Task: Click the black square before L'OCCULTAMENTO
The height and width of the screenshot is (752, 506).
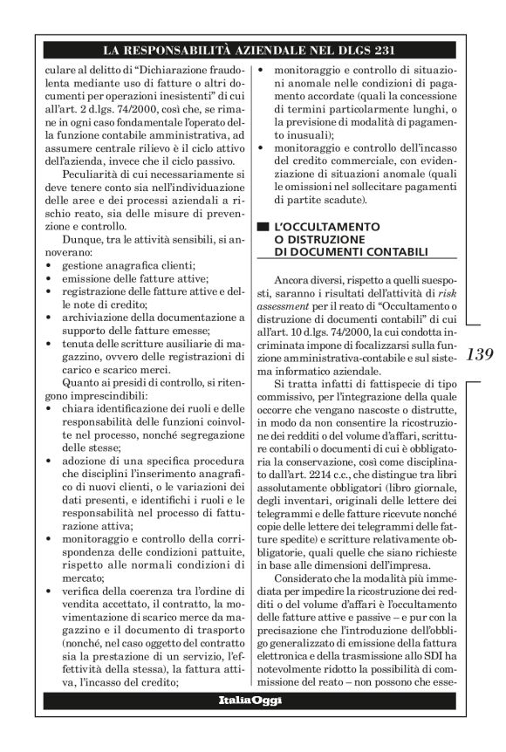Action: tap(260, 225)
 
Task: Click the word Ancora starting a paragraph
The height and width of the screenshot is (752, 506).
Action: tap(293, 278)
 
